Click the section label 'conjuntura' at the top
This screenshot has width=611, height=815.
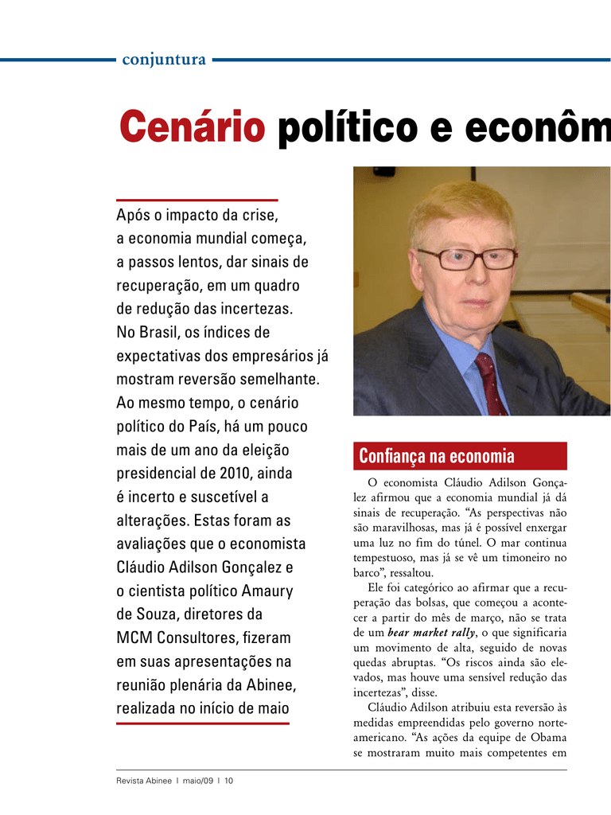click(164, 60)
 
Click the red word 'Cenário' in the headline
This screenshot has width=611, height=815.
click(192, 128)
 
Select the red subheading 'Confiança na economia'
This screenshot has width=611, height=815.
click(437, 457)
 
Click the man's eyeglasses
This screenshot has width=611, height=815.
click(467, 258)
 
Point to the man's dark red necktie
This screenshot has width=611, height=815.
click(491, 383)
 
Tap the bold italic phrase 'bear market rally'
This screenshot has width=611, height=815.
click(430, 633)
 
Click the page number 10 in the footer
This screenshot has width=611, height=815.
click(229, 781)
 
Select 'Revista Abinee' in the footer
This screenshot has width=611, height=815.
click(143, 781)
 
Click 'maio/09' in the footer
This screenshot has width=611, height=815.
click(197, 781)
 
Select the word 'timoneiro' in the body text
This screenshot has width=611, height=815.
click(523, 558)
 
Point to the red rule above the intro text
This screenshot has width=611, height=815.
click(197, 200)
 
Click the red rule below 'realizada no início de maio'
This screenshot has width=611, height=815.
click(203, 723)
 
